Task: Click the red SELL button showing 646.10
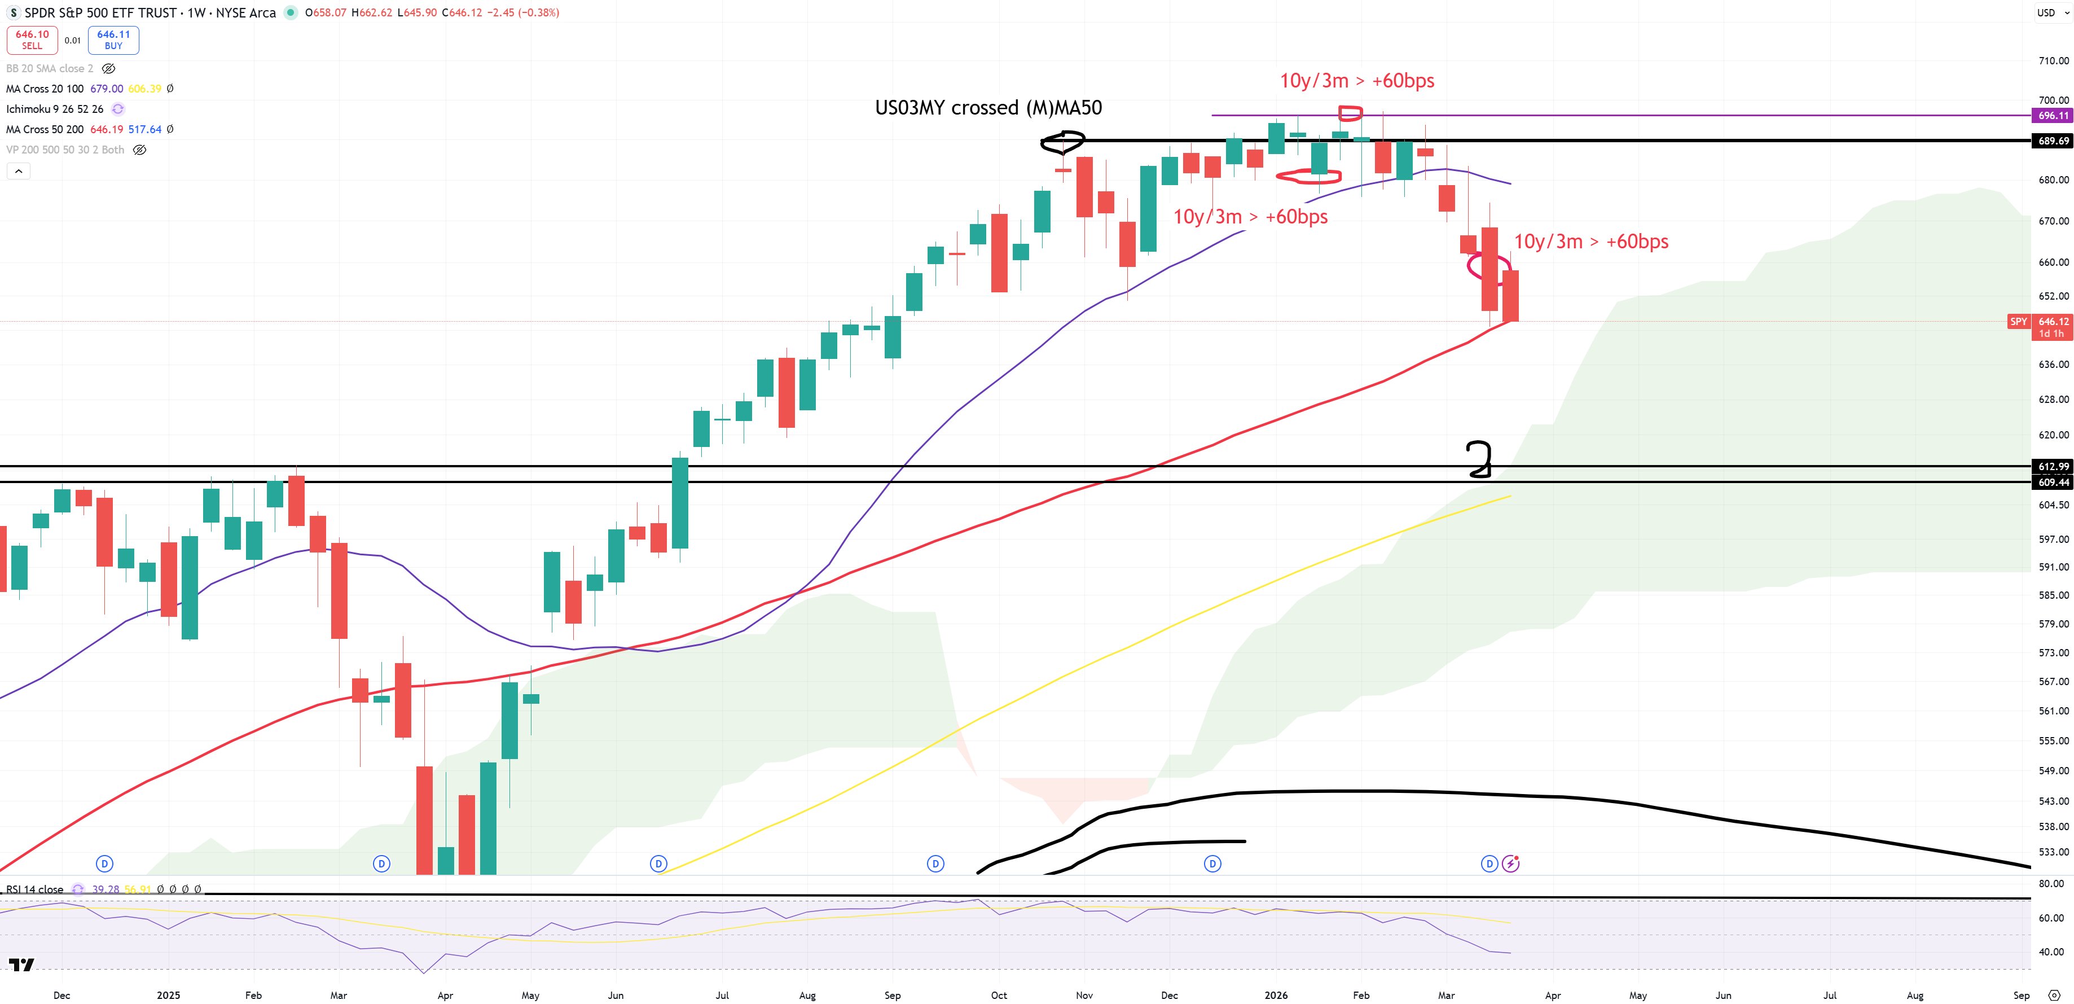(32, 40)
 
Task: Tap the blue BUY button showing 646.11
(113, 40)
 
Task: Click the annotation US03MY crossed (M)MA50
(988, 108)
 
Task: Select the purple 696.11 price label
(2052, 116)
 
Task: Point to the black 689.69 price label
(2052, 141)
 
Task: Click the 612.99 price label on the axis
(2052, 467)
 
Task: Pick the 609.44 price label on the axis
(2052, 483)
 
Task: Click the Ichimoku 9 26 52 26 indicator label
(55, 109)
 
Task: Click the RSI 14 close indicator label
(34, 889)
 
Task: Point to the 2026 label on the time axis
(1275, 995)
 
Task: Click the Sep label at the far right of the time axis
(2021, 995)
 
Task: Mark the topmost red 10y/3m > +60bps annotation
(1357, 81)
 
